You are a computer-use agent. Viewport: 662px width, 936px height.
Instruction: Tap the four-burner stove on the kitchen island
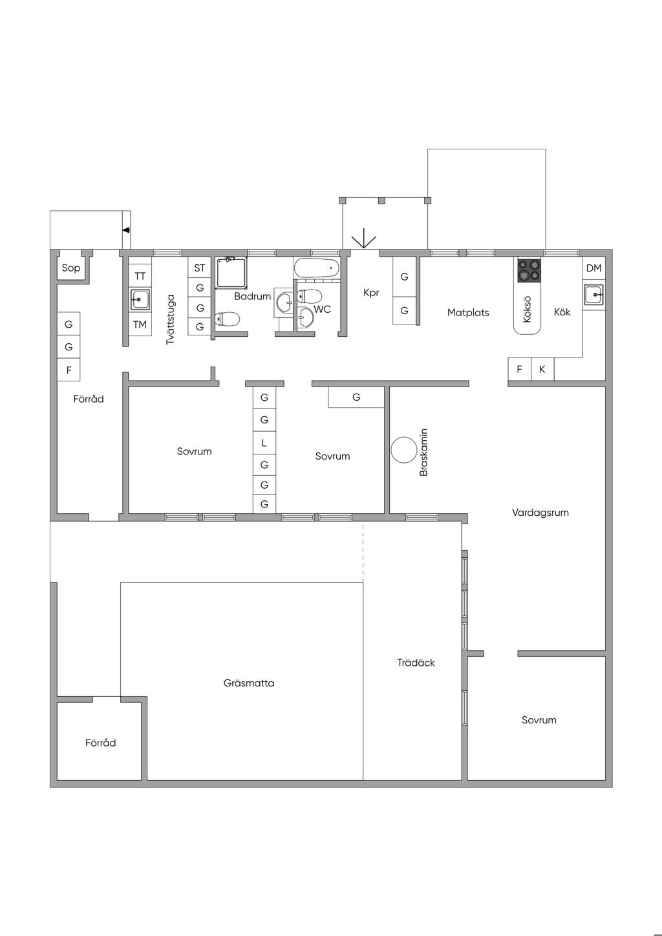pos(529,270)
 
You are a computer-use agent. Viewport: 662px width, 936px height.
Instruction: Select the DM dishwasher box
pos(594,268)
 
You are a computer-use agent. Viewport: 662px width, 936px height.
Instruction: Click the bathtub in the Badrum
pos(316,268)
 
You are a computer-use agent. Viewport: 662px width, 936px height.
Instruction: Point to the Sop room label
pos(70,268)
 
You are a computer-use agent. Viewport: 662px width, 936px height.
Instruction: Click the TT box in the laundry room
pos(140,276)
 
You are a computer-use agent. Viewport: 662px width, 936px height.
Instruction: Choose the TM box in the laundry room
pos(140,324)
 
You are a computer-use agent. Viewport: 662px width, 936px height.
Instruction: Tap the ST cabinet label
pos(200,268)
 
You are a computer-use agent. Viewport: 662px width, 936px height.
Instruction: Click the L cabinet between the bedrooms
pos(264,443)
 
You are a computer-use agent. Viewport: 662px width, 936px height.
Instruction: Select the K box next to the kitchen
pos(542,369)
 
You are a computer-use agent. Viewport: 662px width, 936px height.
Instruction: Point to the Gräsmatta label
pos(249,683)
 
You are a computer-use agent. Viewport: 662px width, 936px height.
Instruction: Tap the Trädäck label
pos(416,663)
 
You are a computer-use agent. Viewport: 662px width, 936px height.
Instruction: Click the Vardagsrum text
pos(540,513)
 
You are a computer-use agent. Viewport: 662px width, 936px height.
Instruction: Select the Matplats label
pos(468,312)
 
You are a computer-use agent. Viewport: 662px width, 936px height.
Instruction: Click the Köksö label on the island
pos(527,309)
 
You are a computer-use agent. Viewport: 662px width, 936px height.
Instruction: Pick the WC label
pos(322,309)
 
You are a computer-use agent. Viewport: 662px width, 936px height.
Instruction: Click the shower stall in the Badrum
pos(231,272)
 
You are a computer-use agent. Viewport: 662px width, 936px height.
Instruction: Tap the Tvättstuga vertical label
pos(170,320)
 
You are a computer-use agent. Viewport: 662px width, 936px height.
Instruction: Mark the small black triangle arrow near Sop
pos(126,230)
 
